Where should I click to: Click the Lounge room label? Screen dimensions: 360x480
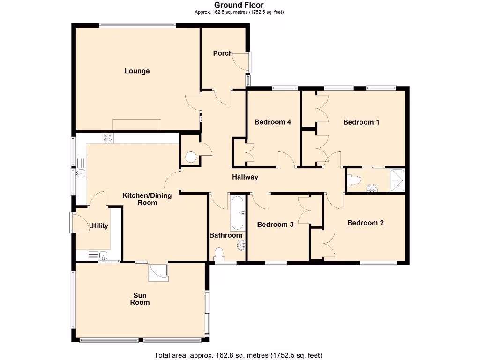[137, 71]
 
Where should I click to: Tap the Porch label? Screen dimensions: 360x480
[223, 53]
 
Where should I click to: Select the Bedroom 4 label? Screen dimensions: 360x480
[273, 122]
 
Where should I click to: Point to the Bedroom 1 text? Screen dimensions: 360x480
[361, 122]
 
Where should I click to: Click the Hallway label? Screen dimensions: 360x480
[245, 177]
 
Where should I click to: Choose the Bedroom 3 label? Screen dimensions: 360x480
[275, 225]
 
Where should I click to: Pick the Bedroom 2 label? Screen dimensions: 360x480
[365, 223]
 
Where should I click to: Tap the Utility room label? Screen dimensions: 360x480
[98, 226]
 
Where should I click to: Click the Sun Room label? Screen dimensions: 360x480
[140, 299]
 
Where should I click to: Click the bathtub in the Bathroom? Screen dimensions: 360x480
[237, 212]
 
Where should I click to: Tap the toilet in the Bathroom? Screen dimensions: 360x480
[219, 254]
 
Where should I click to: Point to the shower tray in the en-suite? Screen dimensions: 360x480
[397, 180]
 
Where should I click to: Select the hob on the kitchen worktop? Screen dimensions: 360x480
[108, 138]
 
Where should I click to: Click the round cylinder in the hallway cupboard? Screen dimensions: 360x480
[191, 157]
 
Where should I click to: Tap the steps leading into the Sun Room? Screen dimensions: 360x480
[157, 272]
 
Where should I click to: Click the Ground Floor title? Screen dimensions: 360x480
[239, 5]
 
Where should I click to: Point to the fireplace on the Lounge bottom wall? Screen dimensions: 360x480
[137, 125]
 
